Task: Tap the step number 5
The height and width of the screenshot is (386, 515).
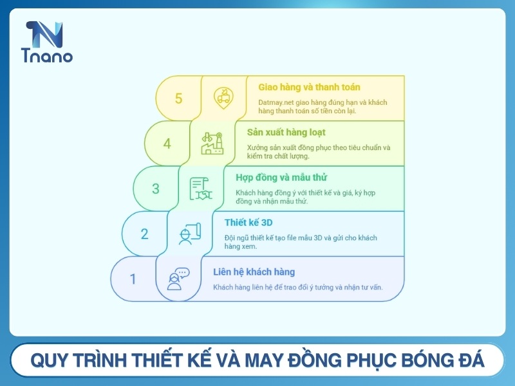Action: click(178, 98)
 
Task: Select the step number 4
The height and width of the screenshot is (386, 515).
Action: click(167, 143)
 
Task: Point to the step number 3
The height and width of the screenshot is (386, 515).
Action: click(156, 188)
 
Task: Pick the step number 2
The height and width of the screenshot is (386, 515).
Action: click(145, 234)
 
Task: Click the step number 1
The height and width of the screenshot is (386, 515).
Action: click(133, 279)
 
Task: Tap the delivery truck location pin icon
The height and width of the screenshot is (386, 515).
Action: click(223, 98)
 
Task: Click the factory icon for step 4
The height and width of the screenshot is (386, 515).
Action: click(212, 143)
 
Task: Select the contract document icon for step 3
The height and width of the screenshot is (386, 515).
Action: click(201, 188)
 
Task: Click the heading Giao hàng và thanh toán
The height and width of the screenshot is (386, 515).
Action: click(309, 87)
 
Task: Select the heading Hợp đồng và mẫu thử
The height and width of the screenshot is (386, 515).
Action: click(277, 177)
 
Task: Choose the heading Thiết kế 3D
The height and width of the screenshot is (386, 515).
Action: click(245, 222)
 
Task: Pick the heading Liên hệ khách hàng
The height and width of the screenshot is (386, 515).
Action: click(254, 271)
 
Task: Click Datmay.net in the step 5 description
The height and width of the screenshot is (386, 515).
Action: click(277, 102)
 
